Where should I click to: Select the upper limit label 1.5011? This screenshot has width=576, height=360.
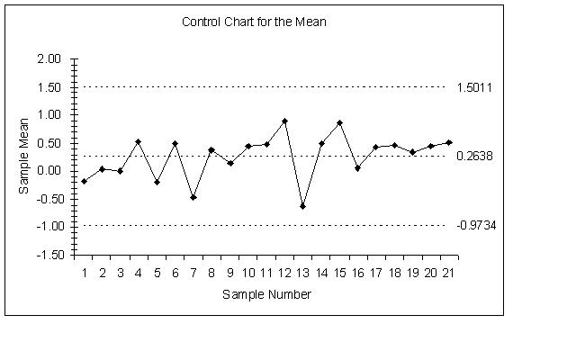click(474, 87)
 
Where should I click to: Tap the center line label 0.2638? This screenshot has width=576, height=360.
click(474, 156)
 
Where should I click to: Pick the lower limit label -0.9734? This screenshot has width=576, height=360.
click(475, 225)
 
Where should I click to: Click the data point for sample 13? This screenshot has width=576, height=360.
click(303, 206)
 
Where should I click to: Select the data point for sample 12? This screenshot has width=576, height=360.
click(284, 121)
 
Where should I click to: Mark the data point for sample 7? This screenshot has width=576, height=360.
click(193, 196)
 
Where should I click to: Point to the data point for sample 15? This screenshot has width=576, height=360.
click(339, 122)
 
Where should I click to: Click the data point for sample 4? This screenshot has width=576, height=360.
click(138, 141)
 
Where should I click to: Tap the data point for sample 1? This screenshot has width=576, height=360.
click(84, 181)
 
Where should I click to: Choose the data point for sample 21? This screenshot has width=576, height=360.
click(449, 142)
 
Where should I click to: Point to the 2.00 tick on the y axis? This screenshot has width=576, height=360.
click(49, 59)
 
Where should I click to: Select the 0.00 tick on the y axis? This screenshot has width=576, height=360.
click(49, 170)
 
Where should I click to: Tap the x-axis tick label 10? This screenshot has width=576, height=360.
click(248, 273)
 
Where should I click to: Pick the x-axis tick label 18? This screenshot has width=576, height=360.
click(394, 273)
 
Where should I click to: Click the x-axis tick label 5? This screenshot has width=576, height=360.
click(157, 273)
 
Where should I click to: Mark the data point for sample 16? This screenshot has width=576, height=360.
click(357, 168)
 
